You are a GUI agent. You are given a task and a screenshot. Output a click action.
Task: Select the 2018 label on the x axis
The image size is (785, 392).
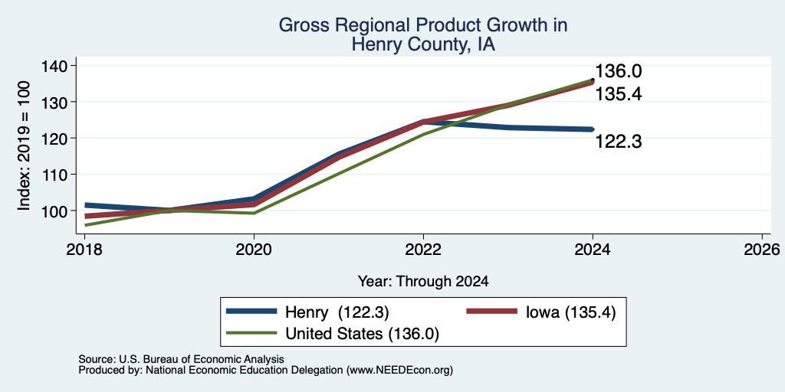tap(84, 249)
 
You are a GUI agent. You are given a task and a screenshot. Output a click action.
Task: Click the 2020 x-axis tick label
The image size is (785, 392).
tap(254, 249)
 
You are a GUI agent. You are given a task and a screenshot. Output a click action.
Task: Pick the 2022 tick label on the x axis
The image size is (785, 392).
tap(423, 249)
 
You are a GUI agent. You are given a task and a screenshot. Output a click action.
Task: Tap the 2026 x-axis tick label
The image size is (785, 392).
tap(762, 249)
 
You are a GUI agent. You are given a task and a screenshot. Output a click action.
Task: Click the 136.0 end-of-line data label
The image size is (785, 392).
tap(619, 71)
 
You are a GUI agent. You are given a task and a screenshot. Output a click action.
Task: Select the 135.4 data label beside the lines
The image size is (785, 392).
tap(619, 94)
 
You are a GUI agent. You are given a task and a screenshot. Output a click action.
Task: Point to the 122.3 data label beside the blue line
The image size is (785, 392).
tap(619, 142)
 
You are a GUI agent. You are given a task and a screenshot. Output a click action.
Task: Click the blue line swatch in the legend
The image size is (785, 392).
tap(251, 312)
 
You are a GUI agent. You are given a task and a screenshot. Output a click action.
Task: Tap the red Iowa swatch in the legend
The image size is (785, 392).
tap(491, 312)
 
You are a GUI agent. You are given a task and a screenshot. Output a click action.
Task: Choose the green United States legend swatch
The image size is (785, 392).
tap(251, 333)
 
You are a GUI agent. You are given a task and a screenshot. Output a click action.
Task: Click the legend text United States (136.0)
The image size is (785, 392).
tap(362, 334)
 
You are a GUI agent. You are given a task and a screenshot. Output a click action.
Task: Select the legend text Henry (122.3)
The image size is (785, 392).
tap(337, 312)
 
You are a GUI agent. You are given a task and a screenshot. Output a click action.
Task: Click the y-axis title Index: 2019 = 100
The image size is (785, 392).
tap(24, 146)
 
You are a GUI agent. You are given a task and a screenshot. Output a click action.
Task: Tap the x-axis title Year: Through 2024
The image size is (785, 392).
tap(423, 282)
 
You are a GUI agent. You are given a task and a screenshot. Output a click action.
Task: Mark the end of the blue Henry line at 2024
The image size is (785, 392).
tap(593, 129)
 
